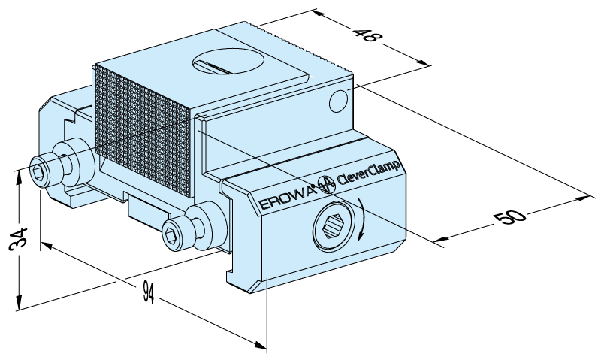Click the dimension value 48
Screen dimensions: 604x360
tap(367, 35)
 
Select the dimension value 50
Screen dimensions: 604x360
tap(510, 217)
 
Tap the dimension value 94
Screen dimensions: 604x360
tap(148, 292)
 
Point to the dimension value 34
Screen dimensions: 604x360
tap(19, 239)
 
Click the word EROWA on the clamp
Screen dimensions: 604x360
tap(287, 197)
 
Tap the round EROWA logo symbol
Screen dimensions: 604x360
tap(326, 185)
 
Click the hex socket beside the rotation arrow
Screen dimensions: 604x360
tap(333, 227)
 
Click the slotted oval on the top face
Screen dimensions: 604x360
tap(228, 62)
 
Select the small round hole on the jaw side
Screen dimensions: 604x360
tap(338, 101)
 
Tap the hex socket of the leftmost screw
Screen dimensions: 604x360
tap(38, 173)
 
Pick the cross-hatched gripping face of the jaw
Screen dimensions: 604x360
tap(143, 131)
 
